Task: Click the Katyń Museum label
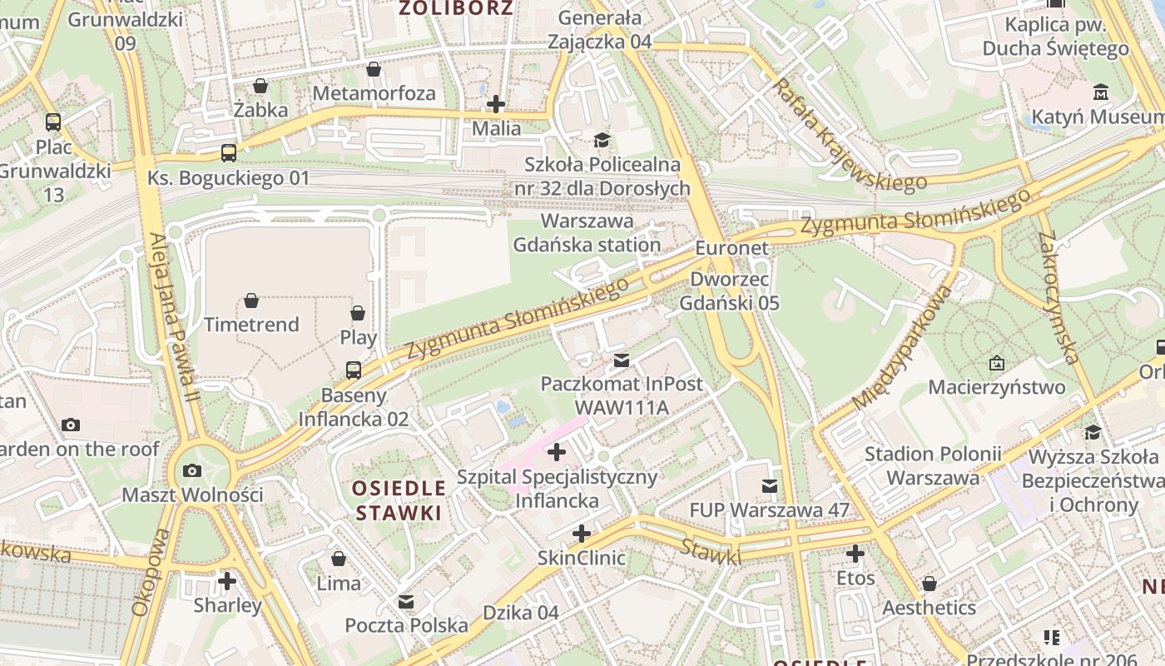click(x=1097, y=117)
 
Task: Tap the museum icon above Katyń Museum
click(x=1102, y=92)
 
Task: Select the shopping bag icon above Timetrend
click(x=251, y=300)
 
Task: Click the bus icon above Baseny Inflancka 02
click(x=354, y=370)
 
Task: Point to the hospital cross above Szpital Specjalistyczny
click(x=557, y=452)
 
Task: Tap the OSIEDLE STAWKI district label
click(x=399, y=500)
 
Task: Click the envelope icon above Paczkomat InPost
click(x=621, y=360)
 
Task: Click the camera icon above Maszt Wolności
click(x=192, y=470)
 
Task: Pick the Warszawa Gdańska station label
click(x=587, y=233)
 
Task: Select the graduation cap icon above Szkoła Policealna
click(x=602, y=139)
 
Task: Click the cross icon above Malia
click(x=496, y=104)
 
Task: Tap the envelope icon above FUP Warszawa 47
click(x=770, y=485)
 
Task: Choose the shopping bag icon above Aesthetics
click(x=930, y=583)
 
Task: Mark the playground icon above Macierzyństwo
click(x=996, y=363)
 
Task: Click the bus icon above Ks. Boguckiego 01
click(x=229, y=153)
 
